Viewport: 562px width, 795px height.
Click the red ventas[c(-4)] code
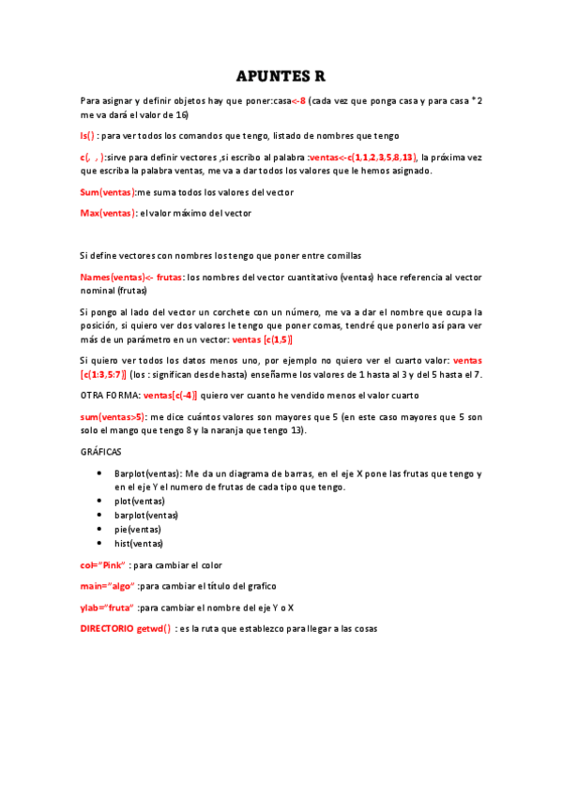(x=170, y=396)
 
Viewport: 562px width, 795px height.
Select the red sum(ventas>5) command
(x=114, y=416)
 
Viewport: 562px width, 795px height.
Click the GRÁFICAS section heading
(x=100, y=452)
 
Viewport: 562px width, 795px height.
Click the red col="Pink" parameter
(x=103, y=565)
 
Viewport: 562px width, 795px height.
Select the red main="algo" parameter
(x=107, y=586)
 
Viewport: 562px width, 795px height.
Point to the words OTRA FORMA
(x=111, y=396)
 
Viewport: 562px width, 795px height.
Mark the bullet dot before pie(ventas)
(x=99, y=529)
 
